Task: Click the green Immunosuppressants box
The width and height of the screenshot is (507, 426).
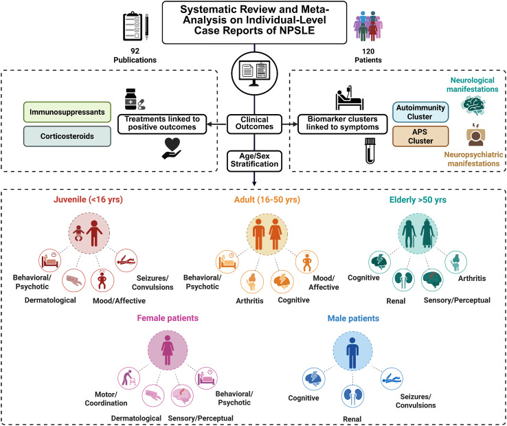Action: point(67,112)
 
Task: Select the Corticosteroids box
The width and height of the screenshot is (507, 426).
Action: point(67,136)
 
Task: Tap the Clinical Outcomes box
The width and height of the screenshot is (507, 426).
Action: point(254,124)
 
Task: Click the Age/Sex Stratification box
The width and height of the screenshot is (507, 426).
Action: point(254,161)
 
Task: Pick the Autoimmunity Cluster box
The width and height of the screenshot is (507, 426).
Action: point(420,112)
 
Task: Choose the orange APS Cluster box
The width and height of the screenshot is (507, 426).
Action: point(420,137)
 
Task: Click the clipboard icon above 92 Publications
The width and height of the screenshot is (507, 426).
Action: point(135,27)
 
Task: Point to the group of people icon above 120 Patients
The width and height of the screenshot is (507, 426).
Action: point(368,26)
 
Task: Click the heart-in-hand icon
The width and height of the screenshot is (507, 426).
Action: point(172,148)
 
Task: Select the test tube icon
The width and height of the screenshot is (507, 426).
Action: point(370,150)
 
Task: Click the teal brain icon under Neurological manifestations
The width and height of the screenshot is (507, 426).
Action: point(473,106)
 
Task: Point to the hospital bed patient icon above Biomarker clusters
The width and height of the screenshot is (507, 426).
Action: point(349,98)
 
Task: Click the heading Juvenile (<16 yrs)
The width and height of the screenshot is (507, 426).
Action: point(88,199)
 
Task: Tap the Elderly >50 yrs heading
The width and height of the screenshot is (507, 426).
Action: point(418,200)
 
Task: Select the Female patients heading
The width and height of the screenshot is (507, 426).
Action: point(168,318)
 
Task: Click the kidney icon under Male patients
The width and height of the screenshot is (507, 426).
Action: point(352,396)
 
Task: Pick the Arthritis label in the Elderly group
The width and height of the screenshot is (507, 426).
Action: point(472,278)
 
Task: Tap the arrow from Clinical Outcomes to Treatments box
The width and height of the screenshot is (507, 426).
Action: point(216,124)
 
